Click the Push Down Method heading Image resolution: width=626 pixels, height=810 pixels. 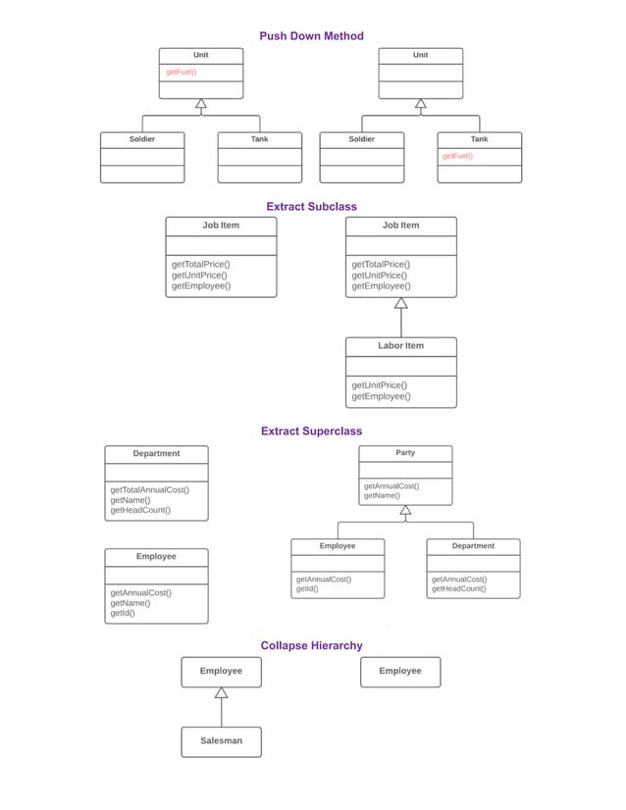pos(311,36)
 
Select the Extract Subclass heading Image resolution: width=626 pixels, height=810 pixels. pos(311,207)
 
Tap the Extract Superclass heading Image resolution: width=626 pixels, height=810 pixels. pos(311,431)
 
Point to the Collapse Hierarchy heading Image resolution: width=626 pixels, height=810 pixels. pos(311,646)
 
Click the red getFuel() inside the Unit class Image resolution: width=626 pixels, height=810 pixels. pos(181,72)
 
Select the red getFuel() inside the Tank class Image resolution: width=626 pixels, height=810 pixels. pos(457,156)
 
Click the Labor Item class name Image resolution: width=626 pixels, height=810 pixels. pos(400,346)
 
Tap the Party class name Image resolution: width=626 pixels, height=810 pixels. pos(405,453)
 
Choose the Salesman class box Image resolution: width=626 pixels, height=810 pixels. pos(221,741)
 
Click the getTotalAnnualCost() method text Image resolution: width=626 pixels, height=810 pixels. pos(149,490)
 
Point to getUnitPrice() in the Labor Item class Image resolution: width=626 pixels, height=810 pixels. pos(379,385)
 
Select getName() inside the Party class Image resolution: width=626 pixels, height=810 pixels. pos(382,496)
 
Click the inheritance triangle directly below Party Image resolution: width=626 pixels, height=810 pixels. pos(405,510)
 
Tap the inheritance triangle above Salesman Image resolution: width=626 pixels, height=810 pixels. pos(221,692)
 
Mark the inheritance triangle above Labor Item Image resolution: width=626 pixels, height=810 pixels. pos(400,303)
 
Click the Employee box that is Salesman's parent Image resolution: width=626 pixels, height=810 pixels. pos(221,672)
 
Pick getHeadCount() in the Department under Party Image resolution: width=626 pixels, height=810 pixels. pos(458,589)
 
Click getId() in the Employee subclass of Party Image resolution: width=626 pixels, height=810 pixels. pos(307,589)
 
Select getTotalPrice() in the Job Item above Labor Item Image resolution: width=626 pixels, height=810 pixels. pos(381,265)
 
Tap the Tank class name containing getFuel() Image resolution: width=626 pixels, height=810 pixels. pos(479,139)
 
